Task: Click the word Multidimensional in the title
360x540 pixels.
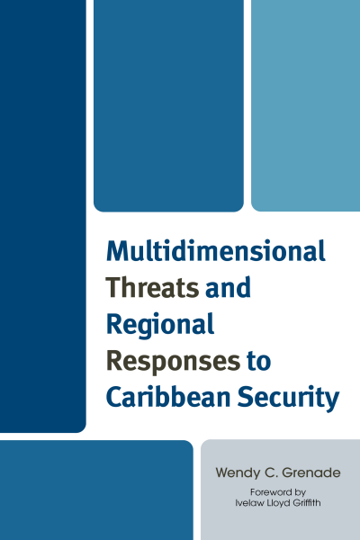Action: point(216,251)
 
